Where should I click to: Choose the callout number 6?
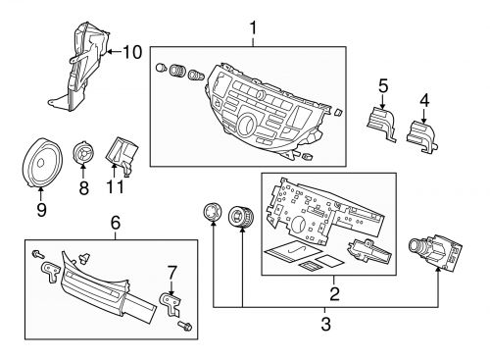tap(116, 225)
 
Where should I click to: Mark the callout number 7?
tap(171, 270)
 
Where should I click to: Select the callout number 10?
tap(131, 51)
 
